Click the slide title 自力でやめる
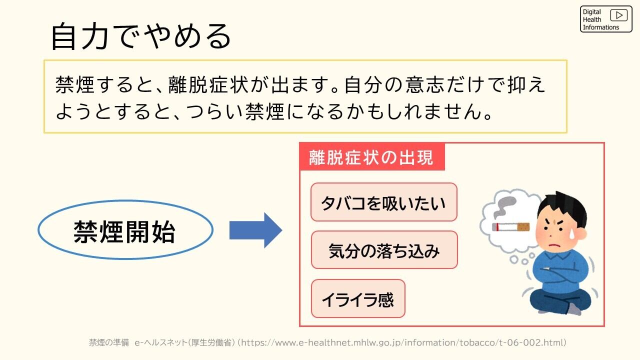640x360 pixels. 141,36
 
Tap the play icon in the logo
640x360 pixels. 618,15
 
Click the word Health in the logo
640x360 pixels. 591,19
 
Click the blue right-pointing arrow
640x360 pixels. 255,230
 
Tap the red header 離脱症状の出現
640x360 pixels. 372,157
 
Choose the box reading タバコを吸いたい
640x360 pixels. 383,202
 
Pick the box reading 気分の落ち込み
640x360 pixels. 384,250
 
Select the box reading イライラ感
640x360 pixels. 358,298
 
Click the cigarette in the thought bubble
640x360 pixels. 510,227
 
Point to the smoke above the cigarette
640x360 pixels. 505,206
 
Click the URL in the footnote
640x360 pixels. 403,342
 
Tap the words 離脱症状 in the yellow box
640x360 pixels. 208,85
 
